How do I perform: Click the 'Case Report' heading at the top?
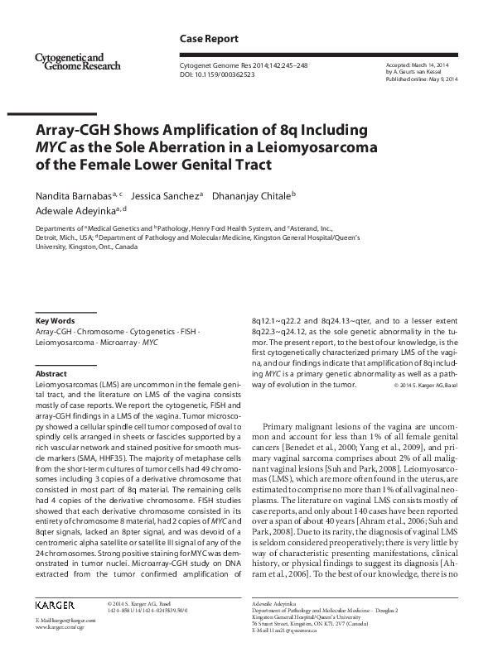209,39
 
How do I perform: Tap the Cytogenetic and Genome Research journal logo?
79,60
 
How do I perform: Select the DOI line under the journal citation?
217,74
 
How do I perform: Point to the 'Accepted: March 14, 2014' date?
418,64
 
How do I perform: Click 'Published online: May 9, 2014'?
421,79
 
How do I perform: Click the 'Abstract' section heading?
51,373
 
